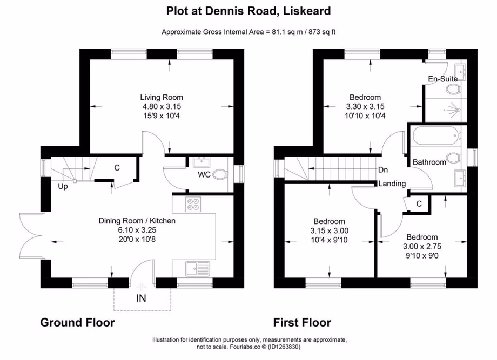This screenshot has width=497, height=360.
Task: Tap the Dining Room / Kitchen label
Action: coord(137,221)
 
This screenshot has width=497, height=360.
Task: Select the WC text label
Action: coord(204,174)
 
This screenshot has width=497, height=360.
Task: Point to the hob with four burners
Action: coord(193,204)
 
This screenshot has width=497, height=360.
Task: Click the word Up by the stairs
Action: coord(64,187)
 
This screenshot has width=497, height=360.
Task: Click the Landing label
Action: coord(392,184)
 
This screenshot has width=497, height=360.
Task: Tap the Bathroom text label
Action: coord(429,162)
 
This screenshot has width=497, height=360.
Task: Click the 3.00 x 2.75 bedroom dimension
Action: coord(422,246)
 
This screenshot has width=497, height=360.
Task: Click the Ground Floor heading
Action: coord(77,323)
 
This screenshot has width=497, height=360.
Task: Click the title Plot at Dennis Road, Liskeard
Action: coord(248,10)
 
